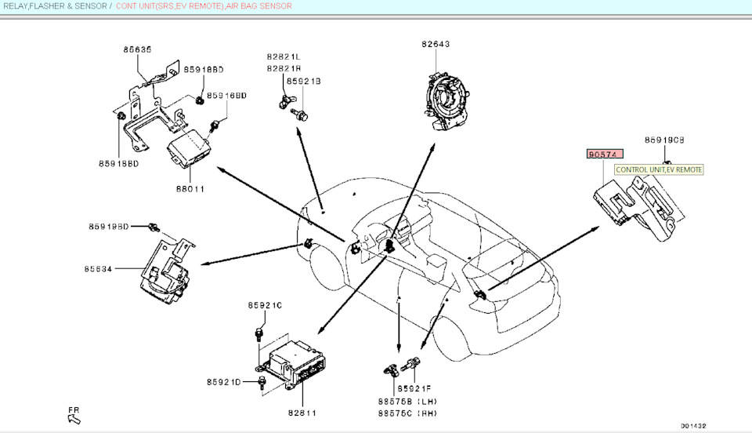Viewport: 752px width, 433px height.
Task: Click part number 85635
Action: coord(137,49)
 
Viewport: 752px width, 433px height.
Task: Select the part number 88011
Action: coord(190,188)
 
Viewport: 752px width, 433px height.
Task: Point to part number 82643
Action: coord(435,45)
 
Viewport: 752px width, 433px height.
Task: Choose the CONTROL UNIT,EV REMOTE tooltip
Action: coord(658,169)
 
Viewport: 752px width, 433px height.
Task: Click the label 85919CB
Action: coord(664,140)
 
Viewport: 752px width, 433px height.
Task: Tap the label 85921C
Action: coord(265,305)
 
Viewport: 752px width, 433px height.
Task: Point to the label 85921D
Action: coord(223,382)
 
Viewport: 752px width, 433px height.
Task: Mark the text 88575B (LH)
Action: coord(407,401)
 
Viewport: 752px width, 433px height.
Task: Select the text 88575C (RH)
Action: coord(407,413)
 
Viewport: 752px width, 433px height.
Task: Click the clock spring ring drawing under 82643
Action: coord(447,94)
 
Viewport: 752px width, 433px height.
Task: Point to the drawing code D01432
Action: coord(693,426)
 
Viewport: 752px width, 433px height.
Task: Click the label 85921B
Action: coord(304,81)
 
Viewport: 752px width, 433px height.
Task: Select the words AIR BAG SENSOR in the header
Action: coord(259,6)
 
